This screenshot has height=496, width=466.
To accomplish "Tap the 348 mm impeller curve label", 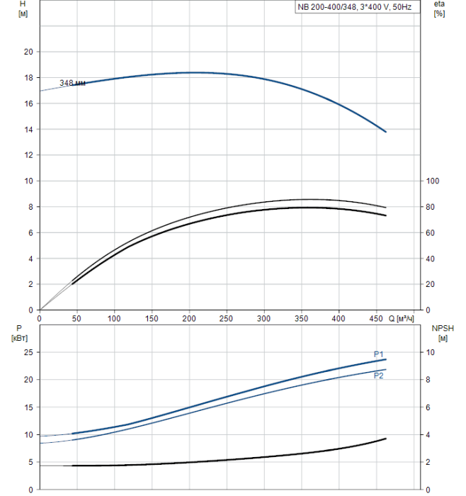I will coord(72,83).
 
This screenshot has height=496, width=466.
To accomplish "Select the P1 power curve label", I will coord(379,354).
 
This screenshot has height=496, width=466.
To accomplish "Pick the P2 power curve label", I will coord(379,376).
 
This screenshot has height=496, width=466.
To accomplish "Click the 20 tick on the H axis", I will coord(28,52).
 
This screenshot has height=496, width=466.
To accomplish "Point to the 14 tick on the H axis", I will coord(28,129).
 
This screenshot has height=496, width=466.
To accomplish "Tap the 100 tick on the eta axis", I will coord(432,181).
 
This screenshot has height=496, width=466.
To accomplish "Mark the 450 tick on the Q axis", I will coord(376,319).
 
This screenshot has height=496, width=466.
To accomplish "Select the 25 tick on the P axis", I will coord(28,352).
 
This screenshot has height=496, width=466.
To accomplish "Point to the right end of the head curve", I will coord(386,131).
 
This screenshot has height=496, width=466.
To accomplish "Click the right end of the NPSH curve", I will coord(386,439).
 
